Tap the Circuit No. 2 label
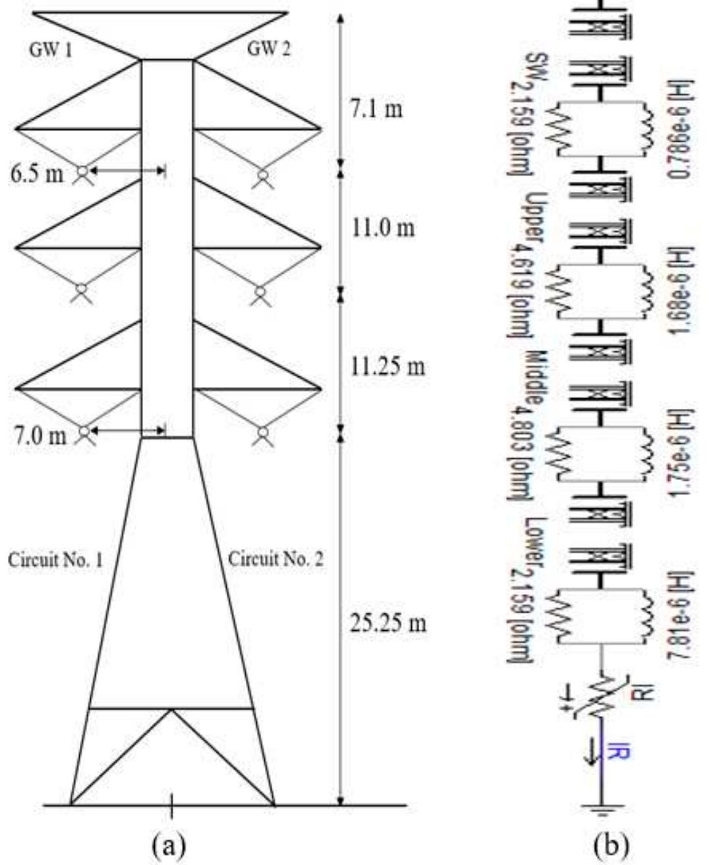click(x=276, y=560)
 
